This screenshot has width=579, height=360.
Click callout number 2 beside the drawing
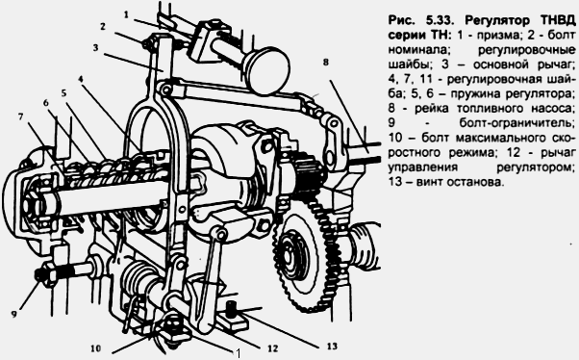click(103, 26)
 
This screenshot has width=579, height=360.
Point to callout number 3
click(95, 48)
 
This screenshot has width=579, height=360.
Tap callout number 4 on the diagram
click(81, 79)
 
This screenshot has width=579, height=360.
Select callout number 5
click(63, 92)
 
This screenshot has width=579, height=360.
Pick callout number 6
click(46, 102)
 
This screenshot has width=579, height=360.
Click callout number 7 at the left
click(21, 116)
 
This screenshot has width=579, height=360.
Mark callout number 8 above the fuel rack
click(325, 63)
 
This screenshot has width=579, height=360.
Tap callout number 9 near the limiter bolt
click(14, 315)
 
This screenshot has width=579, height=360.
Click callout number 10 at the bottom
click(95, 348)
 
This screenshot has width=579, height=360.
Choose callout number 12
click(272, 348)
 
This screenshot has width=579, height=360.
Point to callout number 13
click(332, 347)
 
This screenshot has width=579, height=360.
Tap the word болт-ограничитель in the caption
click(517, 123)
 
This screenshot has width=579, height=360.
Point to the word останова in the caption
click(475, 182)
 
